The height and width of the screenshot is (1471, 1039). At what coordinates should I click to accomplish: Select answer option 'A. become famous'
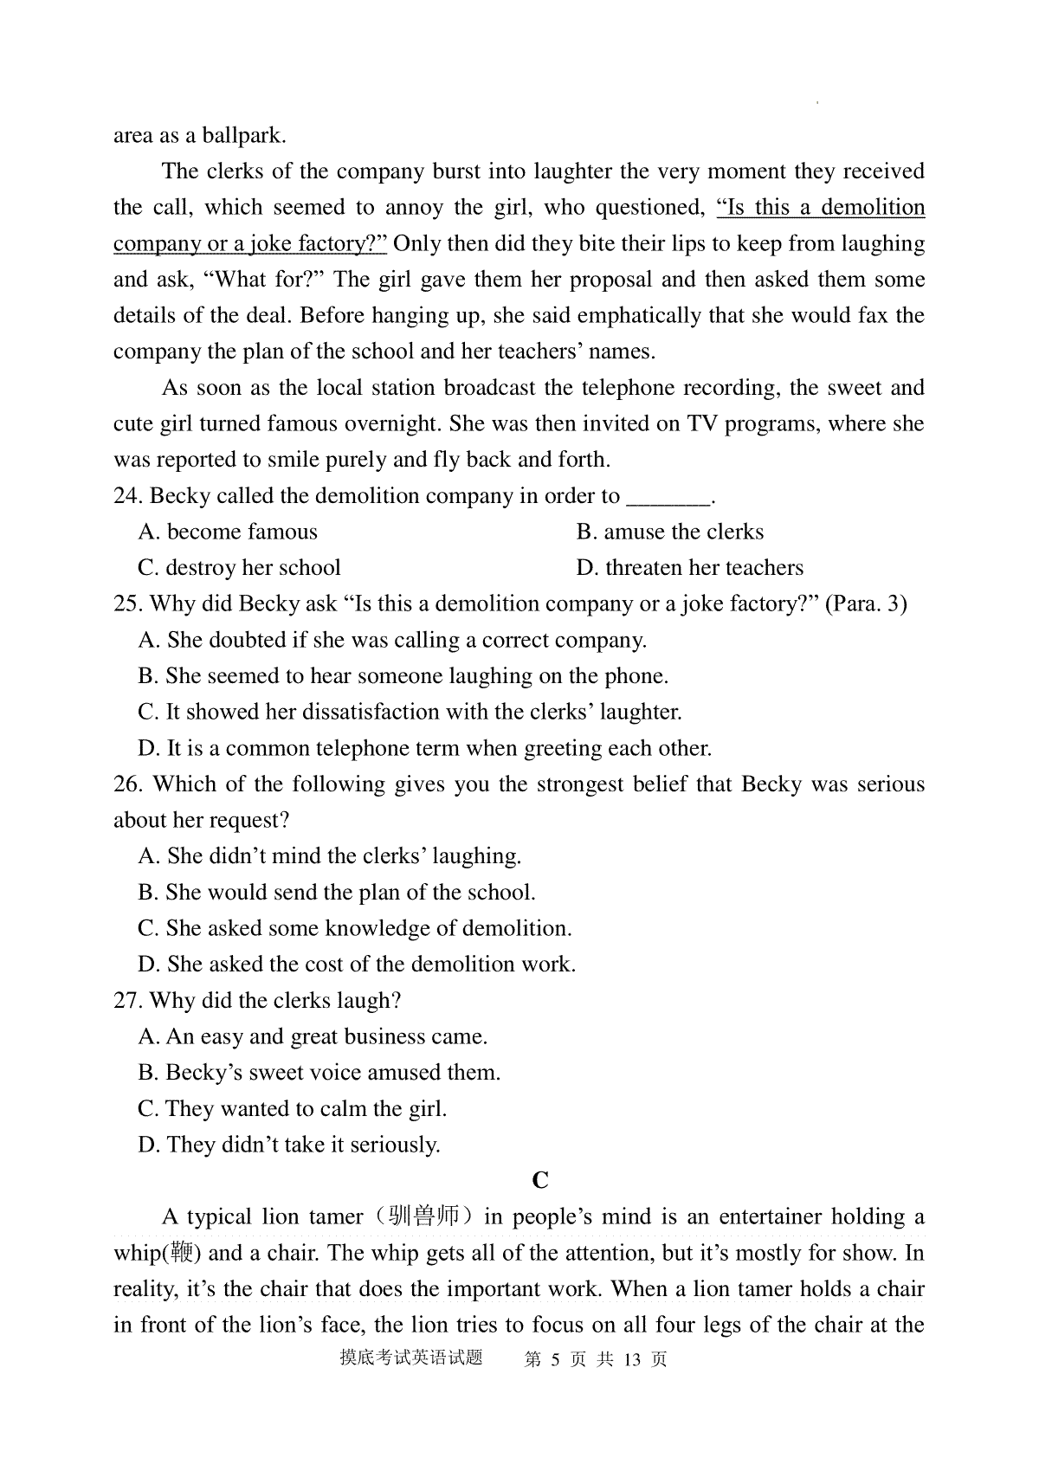tap(228, 532)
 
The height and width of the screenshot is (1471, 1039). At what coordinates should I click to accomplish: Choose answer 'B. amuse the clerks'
tap(670, 532)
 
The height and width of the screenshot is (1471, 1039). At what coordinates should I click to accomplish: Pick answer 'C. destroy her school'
tap(239, 568)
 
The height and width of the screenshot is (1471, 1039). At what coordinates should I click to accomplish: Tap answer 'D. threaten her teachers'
tap(689, 568)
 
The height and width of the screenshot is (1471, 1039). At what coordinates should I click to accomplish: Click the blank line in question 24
tap(668, 500)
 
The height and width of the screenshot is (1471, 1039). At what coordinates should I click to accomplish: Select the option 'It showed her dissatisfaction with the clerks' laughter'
tap(410, 713)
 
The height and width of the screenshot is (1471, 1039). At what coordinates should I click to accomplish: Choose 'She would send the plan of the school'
tap(337, 893)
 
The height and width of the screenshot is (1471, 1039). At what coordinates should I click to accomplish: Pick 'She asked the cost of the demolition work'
tap(357, 965)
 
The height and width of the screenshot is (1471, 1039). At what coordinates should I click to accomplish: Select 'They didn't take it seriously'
tap(289, 1145)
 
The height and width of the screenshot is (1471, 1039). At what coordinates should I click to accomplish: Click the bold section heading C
tap(540, 1181)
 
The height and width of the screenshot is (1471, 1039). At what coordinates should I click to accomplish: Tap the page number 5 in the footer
tap(557, 1359)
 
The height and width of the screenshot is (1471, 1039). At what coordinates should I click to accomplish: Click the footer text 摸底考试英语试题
tap(410, 1358)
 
